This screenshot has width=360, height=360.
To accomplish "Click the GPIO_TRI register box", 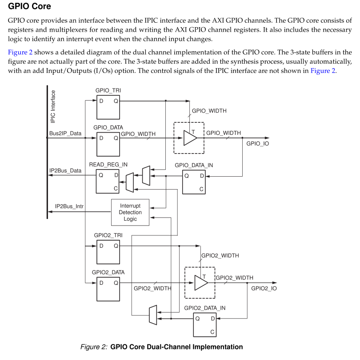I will [x=108, y=107].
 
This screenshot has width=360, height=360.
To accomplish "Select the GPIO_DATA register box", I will [x=108, y=144].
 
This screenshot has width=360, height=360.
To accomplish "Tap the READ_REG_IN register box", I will [x=108, y=181].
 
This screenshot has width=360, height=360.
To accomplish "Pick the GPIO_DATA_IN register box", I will [x=195, y=181].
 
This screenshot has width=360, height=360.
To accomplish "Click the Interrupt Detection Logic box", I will [x=130, y=212].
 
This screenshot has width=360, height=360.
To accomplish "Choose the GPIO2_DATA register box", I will [x=108, y=288].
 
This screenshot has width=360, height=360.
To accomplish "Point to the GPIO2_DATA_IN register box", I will [x=205, y=325].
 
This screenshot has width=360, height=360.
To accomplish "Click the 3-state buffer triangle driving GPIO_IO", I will [x=190, y=138].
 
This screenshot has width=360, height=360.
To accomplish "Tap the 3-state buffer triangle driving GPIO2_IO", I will [x=200, y=283].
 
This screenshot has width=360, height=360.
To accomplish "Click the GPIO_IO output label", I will [x=257, y=144].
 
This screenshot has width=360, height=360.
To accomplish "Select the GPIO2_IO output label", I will [x=264, y=288].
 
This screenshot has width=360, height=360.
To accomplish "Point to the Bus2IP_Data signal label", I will [x=65, y=133].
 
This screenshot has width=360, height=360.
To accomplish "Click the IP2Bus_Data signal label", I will [x=65, y=170].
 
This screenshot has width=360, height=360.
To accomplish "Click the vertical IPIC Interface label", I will [x=53, y=106].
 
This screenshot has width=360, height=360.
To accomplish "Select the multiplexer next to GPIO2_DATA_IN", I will [x=152, y=315].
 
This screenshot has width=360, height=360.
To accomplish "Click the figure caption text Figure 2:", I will [x=94, y=347].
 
